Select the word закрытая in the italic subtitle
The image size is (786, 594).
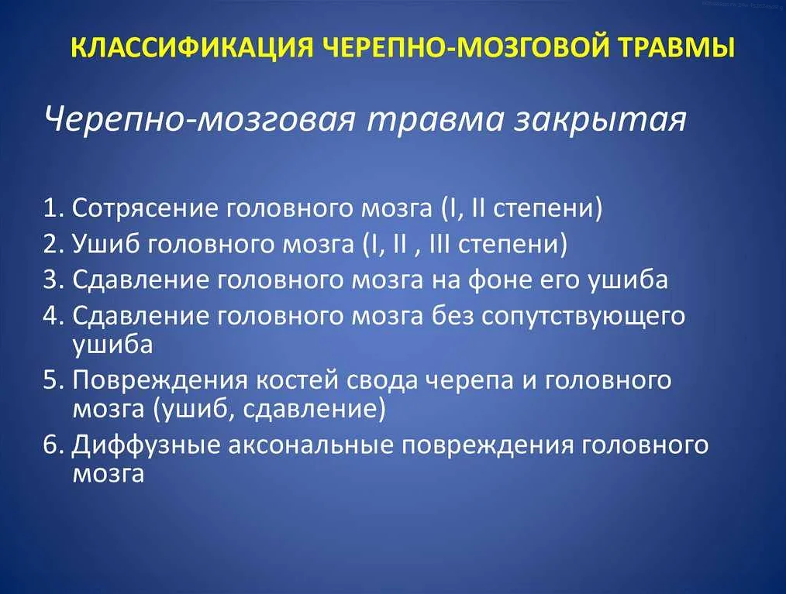[x=599, y=121]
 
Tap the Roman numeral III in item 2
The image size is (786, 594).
[x=441, y=244]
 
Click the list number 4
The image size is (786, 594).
[x=52, y=316]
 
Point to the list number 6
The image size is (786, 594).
[x=52, y=445]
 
